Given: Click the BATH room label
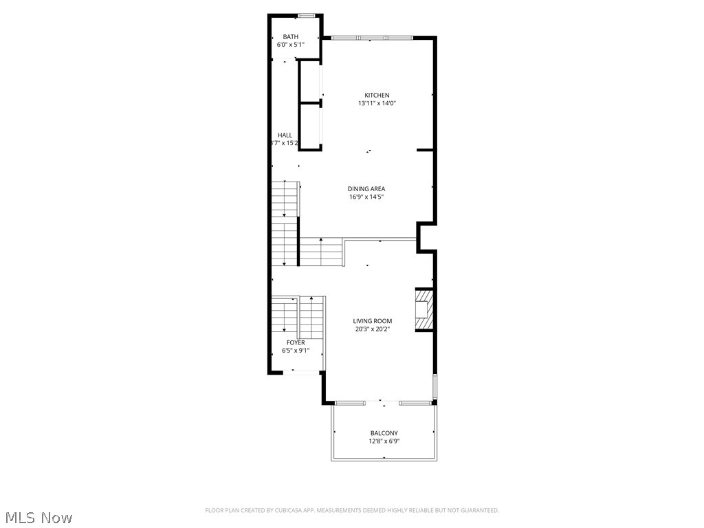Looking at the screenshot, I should click(290, 36).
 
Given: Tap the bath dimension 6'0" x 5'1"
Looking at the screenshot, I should click(290, 45).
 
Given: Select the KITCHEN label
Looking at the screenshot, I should click(377, 95).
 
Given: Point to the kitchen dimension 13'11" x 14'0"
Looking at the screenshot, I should click(377, 103).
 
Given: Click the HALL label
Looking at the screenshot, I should click(285, 135).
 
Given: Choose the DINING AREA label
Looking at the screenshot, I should click(366, 188).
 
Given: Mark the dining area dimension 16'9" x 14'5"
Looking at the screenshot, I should click(366, 197).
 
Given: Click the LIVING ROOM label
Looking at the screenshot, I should click(372, 320).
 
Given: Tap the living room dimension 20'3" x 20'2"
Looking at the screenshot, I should click(372, 329).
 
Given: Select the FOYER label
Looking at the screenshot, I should click(296, 342).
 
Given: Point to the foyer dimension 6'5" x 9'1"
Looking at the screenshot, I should click(296, 351).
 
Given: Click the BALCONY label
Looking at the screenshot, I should click(384, 433).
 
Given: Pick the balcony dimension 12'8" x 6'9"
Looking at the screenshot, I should click(384, 441).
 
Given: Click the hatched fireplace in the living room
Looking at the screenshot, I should click(424, 311).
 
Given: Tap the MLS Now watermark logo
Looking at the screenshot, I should click(37, 517).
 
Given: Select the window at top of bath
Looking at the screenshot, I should click(307, 15).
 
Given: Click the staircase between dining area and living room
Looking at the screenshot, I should click(321, 252).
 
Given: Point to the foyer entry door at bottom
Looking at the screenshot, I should click(302, 372).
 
